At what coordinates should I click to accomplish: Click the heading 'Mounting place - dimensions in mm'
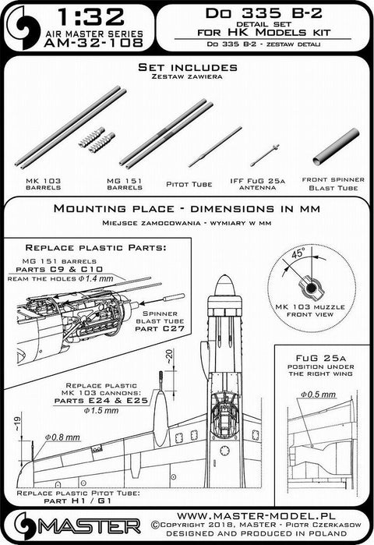188,211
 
